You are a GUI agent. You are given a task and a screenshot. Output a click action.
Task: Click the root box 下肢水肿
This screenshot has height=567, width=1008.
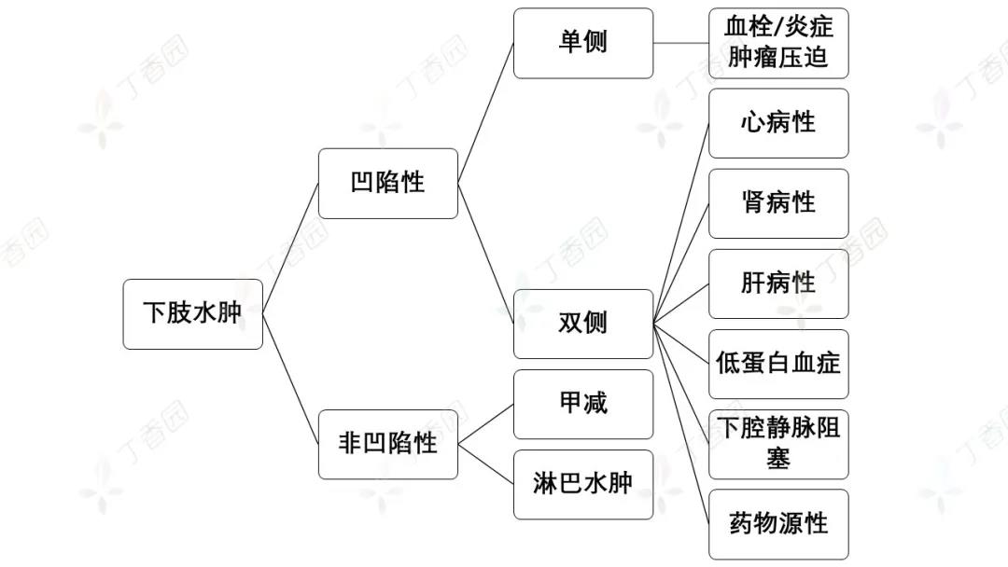pos(192,314)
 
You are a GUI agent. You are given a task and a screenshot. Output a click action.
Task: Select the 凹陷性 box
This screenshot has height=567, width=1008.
pos(387,184)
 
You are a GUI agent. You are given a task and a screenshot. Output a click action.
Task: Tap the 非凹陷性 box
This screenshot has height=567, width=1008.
pos(387,444)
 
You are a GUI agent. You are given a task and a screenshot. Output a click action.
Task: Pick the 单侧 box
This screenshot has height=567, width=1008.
pos(582,44)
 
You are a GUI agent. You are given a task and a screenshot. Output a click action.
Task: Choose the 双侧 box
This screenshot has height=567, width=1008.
pos(582,324)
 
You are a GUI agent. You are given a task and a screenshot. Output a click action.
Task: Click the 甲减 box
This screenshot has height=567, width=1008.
pos(582,404)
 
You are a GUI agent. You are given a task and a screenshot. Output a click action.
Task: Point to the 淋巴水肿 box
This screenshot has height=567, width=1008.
pos(582,484)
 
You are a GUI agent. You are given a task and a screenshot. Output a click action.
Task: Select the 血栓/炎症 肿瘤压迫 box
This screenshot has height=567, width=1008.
pos(778,44)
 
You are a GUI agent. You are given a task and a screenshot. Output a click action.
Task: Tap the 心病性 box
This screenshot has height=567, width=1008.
pos(778,123)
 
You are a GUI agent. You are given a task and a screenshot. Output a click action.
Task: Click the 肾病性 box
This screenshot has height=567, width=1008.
pos(778,203)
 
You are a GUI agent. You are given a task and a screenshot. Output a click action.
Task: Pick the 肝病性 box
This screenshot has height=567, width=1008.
pos(778,283)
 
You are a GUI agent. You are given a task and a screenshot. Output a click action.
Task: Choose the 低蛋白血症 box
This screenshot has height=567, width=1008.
pos(778,364)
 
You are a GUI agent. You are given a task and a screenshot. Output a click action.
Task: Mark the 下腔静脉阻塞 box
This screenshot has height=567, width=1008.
pos(778,444)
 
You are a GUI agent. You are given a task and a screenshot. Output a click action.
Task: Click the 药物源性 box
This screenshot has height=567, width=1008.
pos(778,524)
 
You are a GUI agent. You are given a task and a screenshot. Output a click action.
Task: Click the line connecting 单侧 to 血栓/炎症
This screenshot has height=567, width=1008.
pos(681,44)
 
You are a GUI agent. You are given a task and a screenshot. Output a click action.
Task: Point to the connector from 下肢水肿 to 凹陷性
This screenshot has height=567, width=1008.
pos(290,249)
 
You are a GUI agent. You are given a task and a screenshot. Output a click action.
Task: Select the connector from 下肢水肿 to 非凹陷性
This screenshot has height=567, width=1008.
pos(290,379)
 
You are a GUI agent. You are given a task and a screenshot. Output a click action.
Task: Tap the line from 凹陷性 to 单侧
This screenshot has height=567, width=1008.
pos(485,114)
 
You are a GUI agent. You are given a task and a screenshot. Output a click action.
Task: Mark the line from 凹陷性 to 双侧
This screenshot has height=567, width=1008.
pos(485,254)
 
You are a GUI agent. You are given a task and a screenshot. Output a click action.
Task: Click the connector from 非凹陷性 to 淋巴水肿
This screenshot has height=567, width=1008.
pos(485,463)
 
